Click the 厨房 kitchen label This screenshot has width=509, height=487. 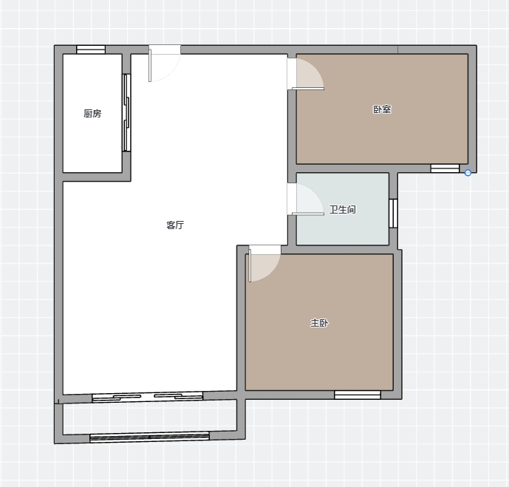pyautogui.click(x=92, y=113)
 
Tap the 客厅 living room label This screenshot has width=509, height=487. pyautogui.click(x=175, y=225)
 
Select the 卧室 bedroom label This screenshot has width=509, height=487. pyautogui.click(x=382, y=109)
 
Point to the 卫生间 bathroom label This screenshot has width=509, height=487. pyautogui.click(x=343, y=209)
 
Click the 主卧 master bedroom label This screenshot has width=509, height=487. pyautogui.click(x=319, y=323)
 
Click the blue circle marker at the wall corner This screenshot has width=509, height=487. pyautogui.click(x=468, y=173)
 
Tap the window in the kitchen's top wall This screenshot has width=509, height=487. pyautogui.click(x=91, y=50)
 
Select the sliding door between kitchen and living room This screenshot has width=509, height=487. pyautogui.click(x=126, y=112)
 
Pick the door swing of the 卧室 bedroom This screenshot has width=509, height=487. pyautogui.click(x=308, y=74)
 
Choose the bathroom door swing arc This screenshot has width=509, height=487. pyautogui.click(x=308, y=200)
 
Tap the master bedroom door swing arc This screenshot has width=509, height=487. pyautogui.click(x=264, y=264)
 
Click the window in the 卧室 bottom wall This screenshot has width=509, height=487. pyautogui.click(x=445, y=168)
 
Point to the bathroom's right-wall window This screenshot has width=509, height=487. pyautogui.click(x=393, y=214)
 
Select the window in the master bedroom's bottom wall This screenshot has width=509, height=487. pyautogui.click(x=358, y=395)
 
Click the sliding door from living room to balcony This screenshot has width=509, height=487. pyautogui.click(x=147, y=398)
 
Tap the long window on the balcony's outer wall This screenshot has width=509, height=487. pyautogui.click(x=149, y=437)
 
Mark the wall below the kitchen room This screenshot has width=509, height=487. pyautogui.click(x=97, y=177)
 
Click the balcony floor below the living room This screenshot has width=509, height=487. pyautogui.click(x=149, y=418)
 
